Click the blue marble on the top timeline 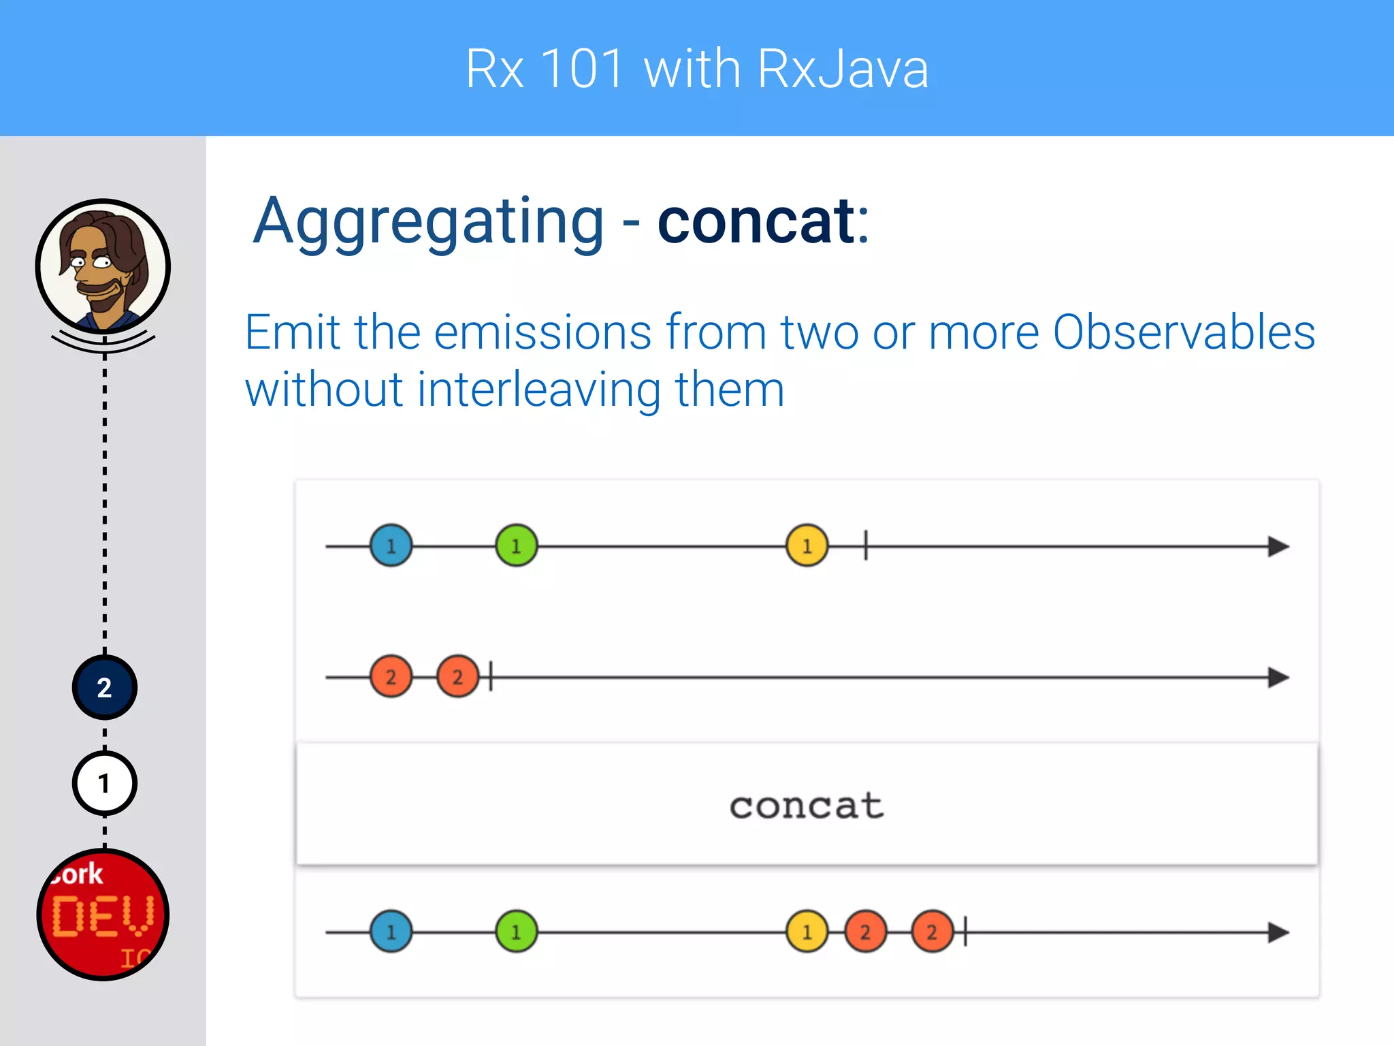[391, 545]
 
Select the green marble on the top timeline [516, 545]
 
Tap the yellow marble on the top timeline [807, 545]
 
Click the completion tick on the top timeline [866, 545]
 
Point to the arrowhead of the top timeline [1278, 546]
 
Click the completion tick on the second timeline [491, 677]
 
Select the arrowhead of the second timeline [1278, 678]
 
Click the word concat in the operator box [807, 806]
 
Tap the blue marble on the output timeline [391, 932]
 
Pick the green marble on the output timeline [516, 932]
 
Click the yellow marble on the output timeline [807, 932]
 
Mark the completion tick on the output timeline [965, 932]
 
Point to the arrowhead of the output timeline [1278, 932]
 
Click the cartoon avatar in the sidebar [103, 266]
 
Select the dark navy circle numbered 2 [104, 688]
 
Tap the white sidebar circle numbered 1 [104, 783]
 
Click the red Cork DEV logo [103, 914]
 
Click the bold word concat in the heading [756, 221]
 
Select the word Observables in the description [1184, 332]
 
